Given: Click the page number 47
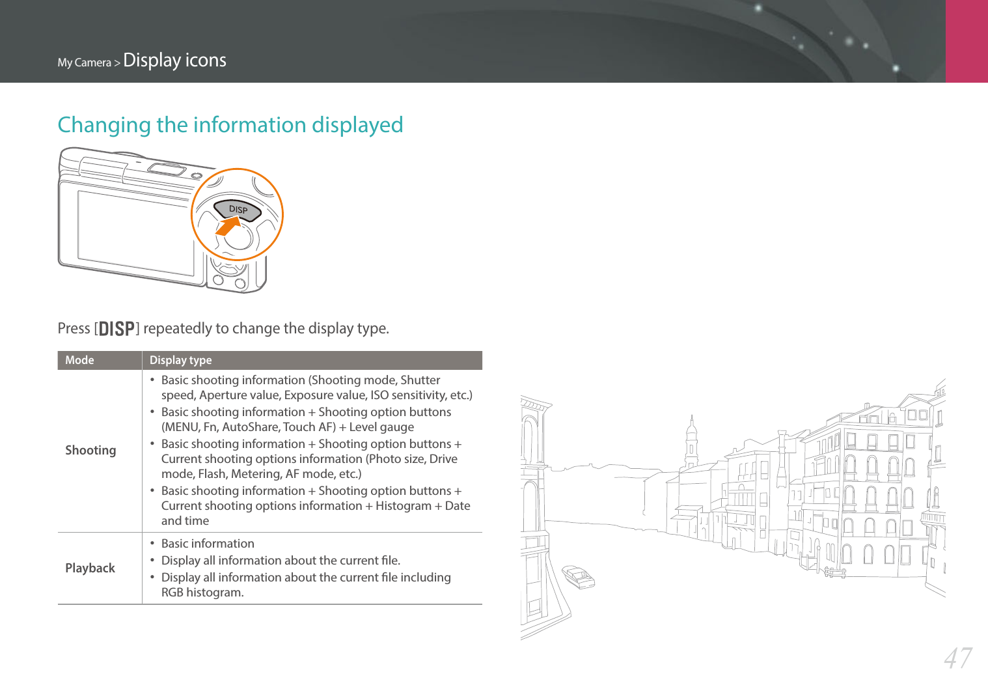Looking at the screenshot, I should (958, 658).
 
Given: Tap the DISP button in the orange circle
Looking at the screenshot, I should (238, 210).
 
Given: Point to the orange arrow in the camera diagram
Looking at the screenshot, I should (228, 226).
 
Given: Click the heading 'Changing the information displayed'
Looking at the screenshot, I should (230, 124).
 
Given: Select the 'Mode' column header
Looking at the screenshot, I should (79, 360).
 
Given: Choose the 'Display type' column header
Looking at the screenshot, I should (180, 360).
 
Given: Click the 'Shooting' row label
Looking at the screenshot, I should (90, 450).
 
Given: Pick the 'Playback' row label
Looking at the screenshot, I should (90, 568).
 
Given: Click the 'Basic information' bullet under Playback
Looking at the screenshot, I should (208, 543).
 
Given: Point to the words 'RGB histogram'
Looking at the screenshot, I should (202, 592).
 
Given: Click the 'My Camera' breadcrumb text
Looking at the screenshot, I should (84, 63).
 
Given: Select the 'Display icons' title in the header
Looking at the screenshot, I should (174, 60).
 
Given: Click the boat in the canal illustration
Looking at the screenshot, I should (578, 576).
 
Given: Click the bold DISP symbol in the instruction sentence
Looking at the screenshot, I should (117, 329).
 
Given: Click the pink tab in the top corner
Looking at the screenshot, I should (967, 41).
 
